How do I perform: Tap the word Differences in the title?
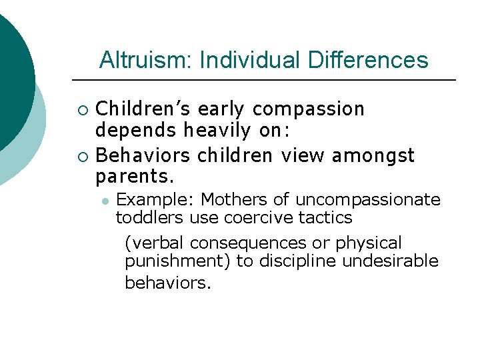tap(368, 60)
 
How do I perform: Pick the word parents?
tap(135, 177)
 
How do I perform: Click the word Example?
tap(155, 199)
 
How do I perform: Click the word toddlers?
tap(150, 217)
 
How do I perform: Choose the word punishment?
tap(178, 261)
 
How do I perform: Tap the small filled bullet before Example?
tap(105, 200)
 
